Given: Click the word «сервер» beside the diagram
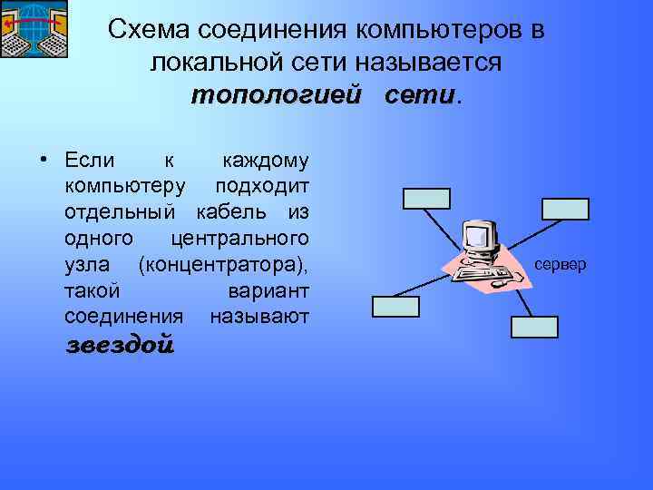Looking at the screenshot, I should (x=561, y=265).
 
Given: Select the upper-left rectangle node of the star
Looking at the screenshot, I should (x=426, y=198).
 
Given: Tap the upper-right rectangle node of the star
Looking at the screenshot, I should (x=565, y=209).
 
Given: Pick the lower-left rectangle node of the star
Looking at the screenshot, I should (x=395, y=307).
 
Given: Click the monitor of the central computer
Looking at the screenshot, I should (x=480, y=237).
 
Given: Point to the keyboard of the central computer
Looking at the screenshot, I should (x=480, y=270).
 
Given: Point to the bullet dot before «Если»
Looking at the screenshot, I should (x=43, y=161).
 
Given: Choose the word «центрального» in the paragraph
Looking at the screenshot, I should (x=239, y=240).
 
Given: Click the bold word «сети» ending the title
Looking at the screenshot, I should (x=422, y=95).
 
